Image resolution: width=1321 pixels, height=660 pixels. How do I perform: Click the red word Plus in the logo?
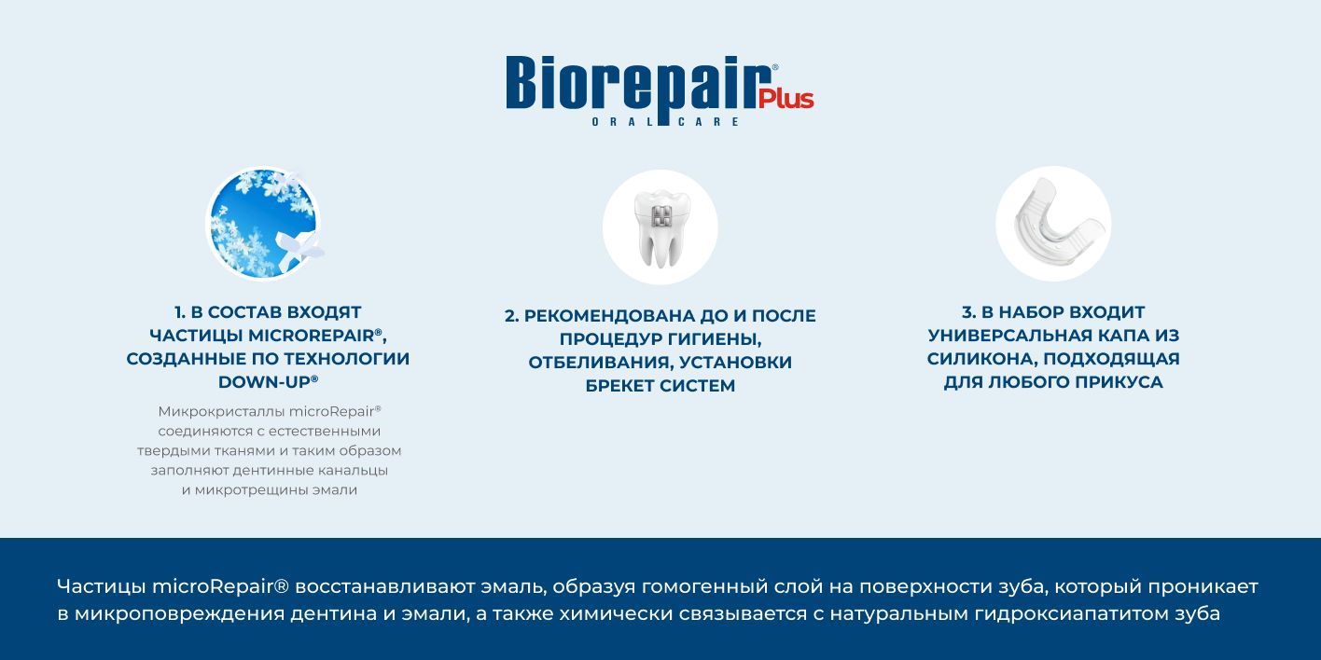[x=786, y=99]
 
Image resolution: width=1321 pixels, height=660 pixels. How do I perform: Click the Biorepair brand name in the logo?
[x=640, y=86]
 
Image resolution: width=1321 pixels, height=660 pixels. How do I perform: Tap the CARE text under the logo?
[x=708, y=122]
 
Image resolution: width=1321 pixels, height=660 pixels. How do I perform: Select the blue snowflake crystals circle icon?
[x=264, y=224]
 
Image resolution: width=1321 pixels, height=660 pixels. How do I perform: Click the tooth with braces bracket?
[x=660, y=227]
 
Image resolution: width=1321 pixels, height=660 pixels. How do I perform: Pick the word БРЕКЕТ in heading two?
[x=619, y=386]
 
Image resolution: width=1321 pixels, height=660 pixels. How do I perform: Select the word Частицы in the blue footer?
[x=102, y=587]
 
